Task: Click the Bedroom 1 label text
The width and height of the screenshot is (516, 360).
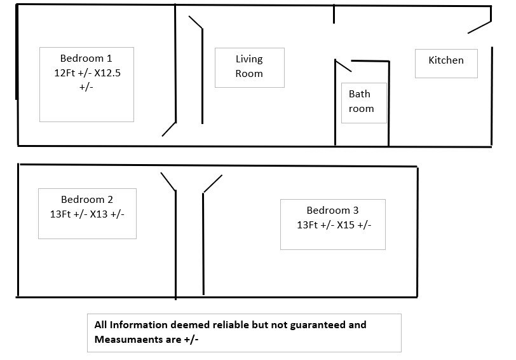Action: [86, 59]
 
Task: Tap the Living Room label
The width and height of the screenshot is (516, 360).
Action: [249, 66]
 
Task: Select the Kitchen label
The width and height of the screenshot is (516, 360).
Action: [446, 60]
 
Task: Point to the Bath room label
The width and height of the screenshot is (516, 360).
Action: [361, 101]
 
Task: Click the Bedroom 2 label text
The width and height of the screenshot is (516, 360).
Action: [87, 200]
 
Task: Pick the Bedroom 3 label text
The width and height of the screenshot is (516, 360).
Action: [332, 210]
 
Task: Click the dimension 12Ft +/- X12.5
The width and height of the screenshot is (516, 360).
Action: [87, 73]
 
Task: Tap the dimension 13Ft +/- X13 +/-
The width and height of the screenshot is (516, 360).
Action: [87, 214]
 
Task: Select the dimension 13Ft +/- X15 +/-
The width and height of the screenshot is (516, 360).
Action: [334, 225]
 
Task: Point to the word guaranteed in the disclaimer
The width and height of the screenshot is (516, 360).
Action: [318, 326]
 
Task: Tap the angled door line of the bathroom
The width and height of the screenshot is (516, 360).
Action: [343, 66]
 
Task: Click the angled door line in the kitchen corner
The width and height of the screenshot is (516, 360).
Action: [480, 27]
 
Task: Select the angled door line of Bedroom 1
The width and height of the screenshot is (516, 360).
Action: [169, 129]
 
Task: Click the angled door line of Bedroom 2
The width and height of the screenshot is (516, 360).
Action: [168, 181]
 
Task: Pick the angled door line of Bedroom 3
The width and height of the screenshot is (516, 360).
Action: [213, 184]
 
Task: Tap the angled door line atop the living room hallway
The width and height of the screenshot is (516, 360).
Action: [196, 22]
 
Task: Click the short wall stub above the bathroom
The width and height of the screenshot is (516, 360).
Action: [334, 14]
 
